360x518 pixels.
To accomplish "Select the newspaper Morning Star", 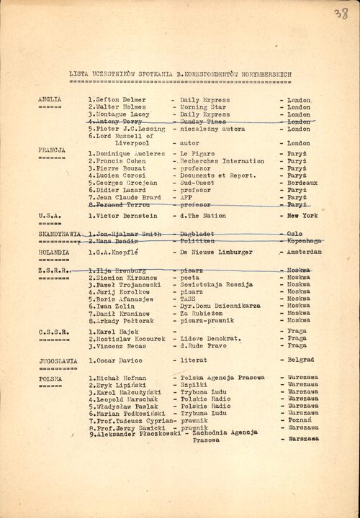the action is [202, 107].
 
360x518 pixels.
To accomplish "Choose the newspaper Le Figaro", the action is [197, 155].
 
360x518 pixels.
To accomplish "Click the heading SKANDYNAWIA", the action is [58, 235].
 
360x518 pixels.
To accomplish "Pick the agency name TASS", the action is [188, 299].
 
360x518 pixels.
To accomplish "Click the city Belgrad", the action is [300, 359].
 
